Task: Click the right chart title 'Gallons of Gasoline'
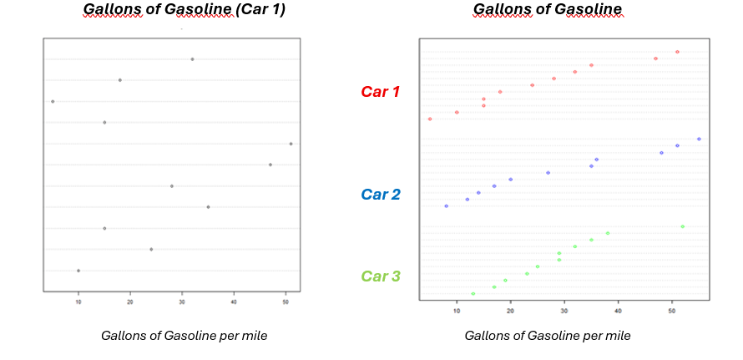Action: point(547,11)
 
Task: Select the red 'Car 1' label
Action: point(381,92)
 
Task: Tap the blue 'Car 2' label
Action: point(381,195)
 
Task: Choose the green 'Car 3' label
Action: point(381,276)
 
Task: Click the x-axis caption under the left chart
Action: point(184,336)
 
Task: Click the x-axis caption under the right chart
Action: point(548,336)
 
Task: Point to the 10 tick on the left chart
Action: point(78,302)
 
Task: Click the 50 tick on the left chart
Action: point(286,302)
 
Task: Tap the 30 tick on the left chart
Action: point(182,302)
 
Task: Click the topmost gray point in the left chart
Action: point(192,59)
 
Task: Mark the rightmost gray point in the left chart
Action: point(291,144)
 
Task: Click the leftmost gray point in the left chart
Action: point(53,101)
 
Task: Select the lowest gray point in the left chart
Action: point(78,271)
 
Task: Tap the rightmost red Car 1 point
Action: point(677,52)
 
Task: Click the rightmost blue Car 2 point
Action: point(699,139)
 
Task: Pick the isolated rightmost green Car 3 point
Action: point(682,226)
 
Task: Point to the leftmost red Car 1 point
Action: point(430,119)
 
